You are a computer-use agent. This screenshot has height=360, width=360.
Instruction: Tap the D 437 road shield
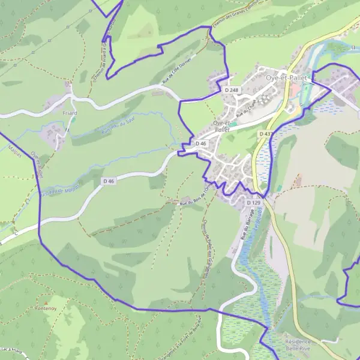(266, 134)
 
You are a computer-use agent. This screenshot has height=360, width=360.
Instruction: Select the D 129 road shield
(254, 203)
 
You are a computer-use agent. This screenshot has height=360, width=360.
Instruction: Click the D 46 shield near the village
(201, 144)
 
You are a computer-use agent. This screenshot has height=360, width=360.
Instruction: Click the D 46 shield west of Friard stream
(109, 181)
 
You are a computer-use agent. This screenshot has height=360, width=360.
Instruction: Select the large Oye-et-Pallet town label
(286, 78)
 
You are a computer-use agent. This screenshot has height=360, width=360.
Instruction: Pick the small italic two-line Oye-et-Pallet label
(222, 126)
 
